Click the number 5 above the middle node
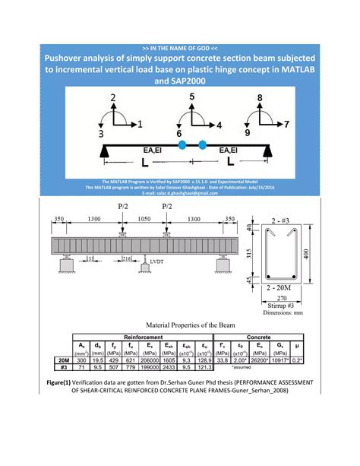(191, 97)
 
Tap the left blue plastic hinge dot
(182, 144)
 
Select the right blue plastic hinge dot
(203, 144)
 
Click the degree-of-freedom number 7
(287, 122)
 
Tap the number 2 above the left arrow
(113, 97)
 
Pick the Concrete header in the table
(273, 335)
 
